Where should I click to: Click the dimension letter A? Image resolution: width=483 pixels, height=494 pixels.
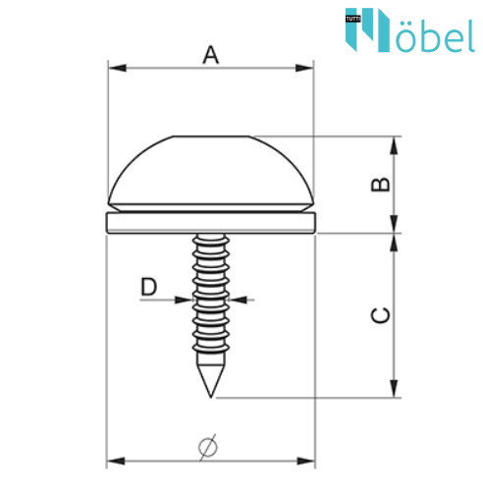click(x=211, y=55)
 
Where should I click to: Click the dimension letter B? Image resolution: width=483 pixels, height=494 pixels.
click(x=380, y=184)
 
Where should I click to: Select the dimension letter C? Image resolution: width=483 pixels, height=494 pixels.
click(x=380, y=315)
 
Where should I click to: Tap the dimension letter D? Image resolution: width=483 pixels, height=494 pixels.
click(x=148, y=287)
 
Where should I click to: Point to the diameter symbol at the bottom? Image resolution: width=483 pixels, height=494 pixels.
click(x=208, y=447)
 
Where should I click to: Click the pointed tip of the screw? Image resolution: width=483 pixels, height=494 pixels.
click(x=211, y=397)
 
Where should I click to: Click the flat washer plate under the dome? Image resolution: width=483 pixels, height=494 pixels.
click(x=211, y=223)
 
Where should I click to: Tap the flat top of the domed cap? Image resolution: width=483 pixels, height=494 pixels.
click(x=211, y=137)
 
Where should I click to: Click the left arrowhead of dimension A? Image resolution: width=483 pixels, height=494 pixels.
click(x=117, y=68)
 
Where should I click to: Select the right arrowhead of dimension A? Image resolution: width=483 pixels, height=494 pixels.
click(x=304, y=68)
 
